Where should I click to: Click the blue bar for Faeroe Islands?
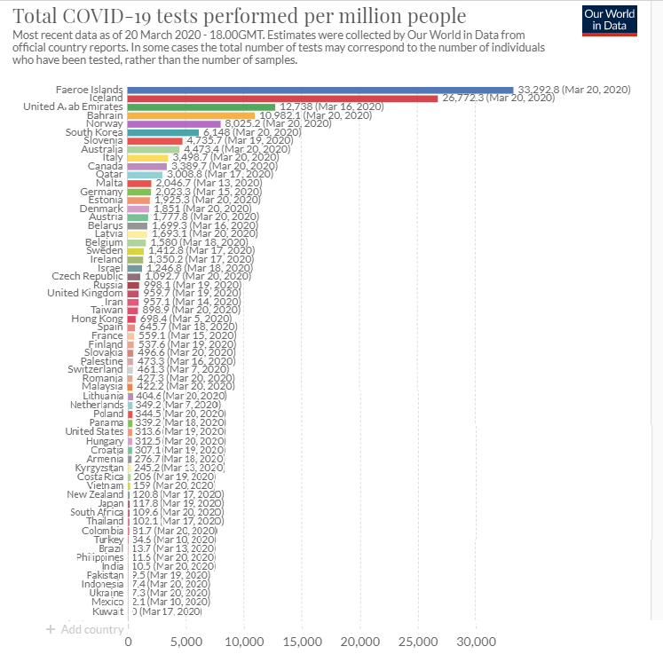pos(320,90)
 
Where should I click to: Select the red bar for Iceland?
pos(282,99)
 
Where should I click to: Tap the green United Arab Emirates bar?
pos(201,106)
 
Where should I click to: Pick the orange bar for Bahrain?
pos(191,115)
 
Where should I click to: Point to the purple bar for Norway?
pos(174,123)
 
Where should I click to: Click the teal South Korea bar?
pos(163,132)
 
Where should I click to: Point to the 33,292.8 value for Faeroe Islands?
pos(572,90)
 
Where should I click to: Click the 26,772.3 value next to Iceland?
pos(497,99)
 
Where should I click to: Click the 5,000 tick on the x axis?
pos(186,642)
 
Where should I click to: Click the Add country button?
pos(84,629)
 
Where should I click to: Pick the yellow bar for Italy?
pos(147,157)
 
